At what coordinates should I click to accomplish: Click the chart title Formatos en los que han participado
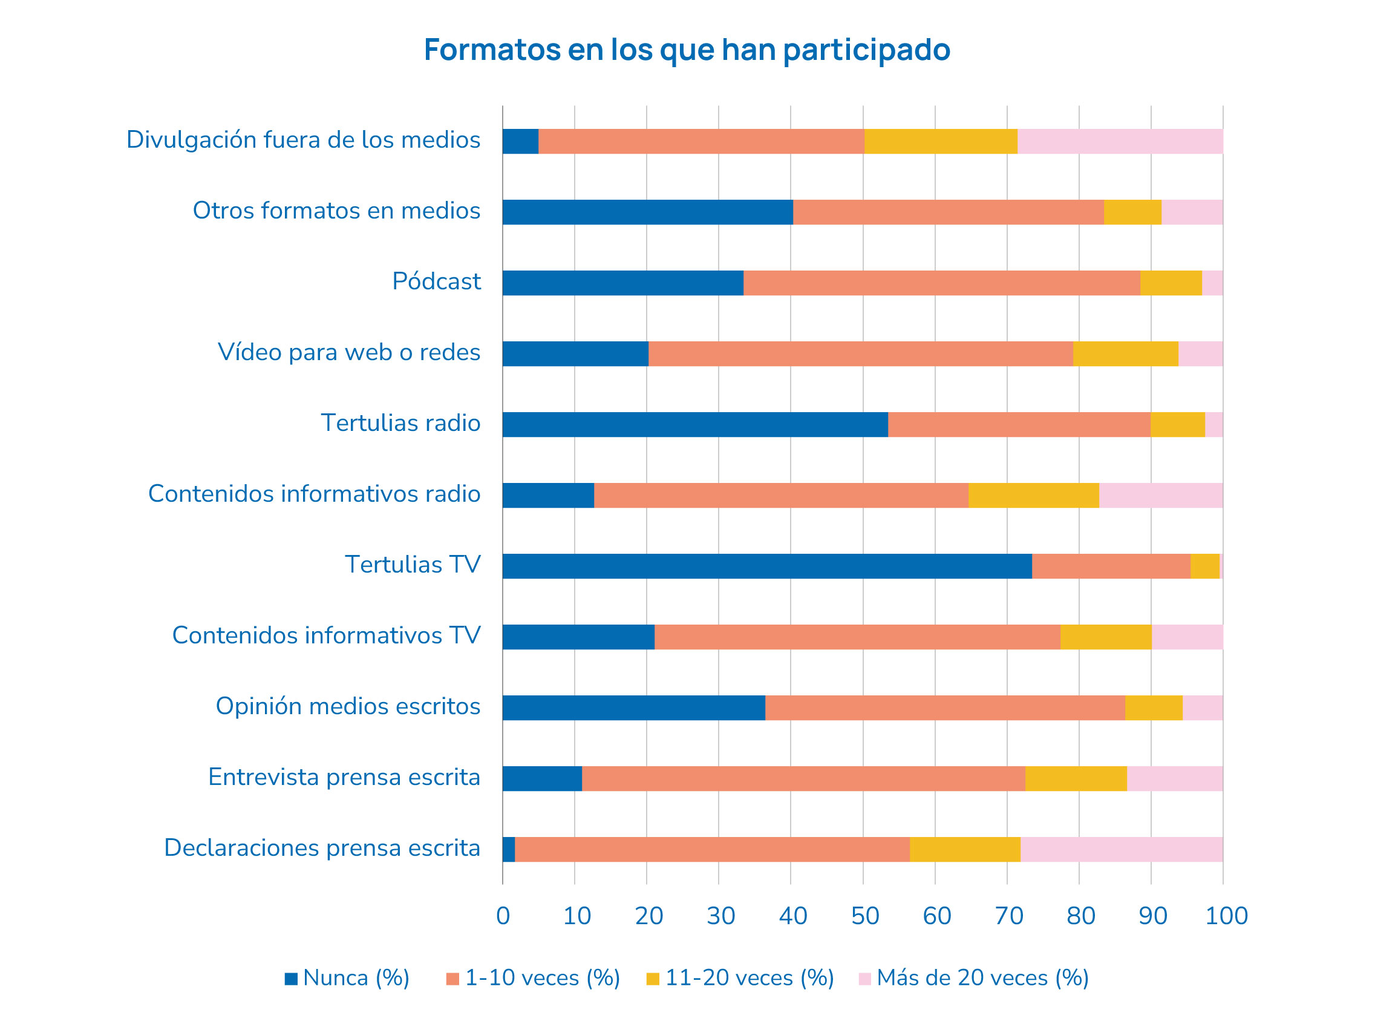686,50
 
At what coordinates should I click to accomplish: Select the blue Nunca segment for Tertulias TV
766,566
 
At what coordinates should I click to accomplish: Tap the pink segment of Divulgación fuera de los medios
1119,142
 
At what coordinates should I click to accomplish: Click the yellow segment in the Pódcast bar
1171,283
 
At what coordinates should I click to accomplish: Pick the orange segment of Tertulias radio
1019,425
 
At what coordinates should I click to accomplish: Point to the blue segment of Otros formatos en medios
647,212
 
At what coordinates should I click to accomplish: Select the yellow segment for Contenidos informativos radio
1033,496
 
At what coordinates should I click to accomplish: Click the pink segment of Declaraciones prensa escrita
1121,849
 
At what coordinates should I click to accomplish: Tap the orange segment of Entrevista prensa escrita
803,779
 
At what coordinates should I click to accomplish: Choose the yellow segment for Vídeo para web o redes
1125,353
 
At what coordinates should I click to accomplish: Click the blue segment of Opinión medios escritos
633,707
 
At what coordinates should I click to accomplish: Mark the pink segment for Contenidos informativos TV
1187,637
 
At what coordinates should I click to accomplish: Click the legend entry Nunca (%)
347,978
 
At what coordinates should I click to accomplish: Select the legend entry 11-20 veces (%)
740,978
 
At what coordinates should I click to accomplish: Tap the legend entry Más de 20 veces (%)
973,978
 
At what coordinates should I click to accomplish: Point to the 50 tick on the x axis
865,916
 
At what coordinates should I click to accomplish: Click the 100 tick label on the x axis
1226,916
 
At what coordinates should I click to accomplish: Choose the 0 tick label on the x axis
503,916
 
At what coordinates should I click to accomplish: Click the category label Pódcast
436,281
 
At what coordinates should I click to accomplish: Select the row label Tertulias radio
400,422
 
